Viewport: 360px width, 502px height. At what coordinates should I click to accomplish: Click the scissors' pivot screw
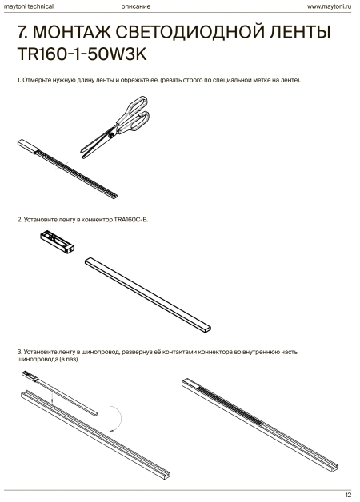pos(111,135)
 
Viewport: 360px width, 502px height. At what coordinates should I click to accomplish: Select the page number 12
pos(348,495)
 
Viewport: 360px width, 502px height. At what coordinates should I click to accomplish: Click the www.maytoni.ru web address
pos(329,6)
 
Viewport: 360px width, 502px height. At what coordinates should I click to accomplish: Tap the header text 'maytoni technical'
pos(29,6)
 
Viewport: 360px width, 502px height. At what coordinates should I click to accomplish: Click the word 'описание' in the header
pos(135,6)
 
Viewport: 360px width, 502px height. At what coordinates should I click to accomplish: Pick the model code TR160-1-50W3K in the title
pos(82,54)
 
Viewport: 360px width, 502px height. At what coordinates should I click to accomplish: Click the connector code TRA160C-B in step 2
pos(131,220)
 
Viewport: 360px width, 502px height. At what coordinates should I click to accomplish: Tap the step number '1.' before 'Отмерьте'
pos(19,80)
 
